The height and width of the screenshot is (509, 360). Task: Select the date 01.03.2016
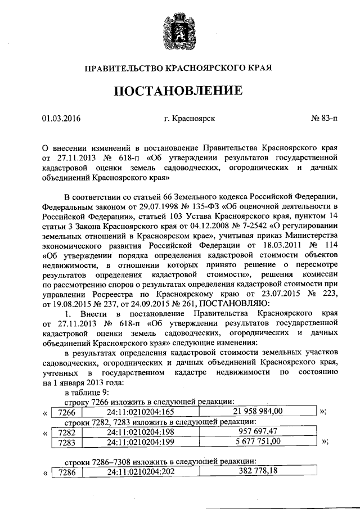61,118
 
